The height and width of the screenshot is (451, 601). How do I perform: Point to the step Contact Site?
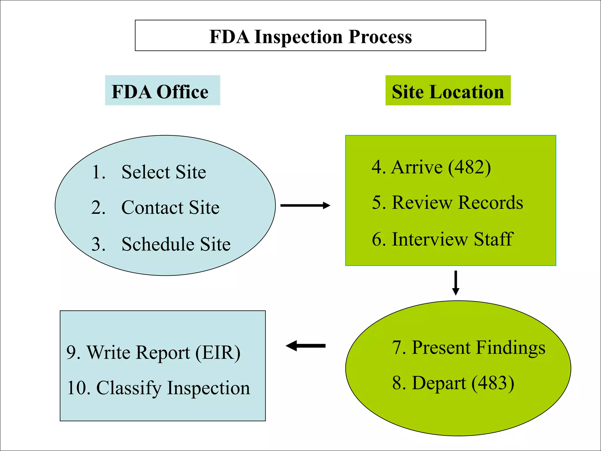[170, 208]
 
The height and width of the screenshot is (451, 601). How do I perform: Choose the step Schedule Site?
[176, 244]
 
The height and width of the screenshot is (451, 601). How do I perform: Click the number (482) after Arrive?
[470, 167]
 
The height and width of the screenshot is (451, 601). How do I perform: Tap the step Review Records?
[457, 203]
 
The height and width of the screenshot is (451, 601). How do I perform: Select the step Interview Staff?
[452, 239]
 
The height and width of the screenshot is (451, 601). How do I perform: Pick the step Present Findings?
[478, 348]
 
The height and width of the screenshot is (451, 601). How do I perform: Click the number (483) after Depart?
[493, 383]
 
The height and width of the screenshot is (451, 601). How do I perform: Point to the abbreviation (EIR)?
[218, 353]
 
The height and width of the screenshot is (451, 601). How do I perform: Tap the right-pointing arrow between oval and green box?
[305, 205]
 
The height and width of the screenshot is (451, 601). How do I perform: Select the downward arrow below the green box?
[455, 283]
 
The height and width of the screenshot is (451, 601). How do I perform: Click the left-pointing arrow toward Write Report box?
[305, 346]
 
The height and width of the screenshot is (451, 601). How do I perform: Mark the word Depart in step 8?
[438, 383]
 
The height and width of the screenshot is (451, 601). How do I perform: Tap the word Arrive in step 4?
[416, 167]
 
